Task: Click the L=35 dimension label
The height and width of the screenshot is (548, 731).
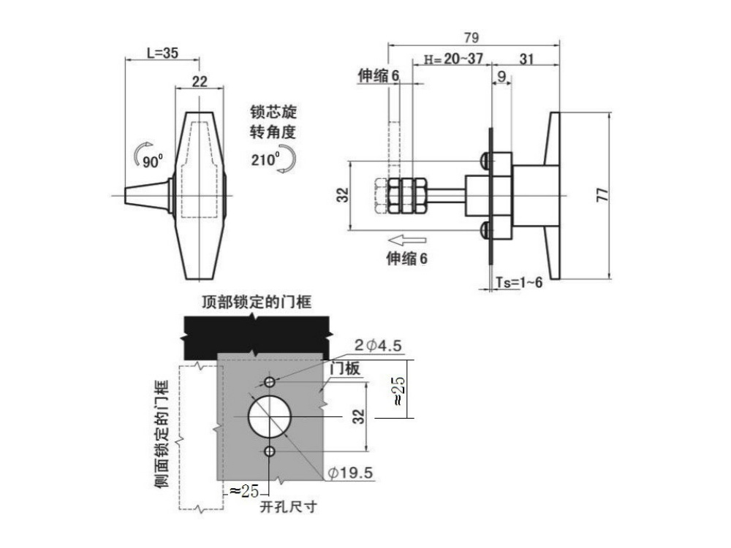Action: point(163,53)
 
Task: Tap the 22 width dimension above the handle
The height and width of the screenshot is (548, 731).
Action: point(200,82)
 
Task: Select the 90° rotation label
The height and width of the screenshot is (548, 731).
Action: point(153,161)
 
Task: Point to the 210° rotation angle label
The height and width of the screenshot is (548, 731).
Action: point(265,159)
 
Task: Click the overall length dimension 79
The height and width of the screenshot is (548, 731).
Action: point(471,37)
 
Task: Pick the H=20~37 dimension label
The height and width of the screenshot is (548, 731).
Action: point(453,58)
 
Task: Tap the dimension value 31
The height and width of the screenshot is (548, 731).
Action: point(526,58)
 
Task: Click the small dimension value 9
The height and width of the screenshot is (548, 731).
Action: point(501,76)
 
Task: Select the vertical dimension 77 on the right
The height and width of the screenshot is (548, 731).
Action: point(602,194)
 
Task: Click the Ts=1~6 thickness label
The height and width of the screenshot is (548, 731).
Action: point(519,282)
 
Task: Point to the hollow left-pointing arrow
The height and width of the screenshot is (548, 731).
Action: point(407,240)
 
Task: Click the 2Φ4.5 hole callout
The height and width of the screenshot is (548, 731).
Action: point(378,346)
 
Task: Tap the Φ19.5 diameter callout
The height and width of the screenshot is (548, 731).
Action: point(351,473)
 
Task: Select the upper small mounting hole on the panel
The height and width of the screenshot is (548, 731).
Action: point(270,382)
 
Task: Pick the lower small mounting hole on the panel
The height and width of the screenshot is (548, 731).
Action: point(270,451)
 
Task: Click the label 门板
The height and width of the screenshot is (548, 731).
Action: point(345,368)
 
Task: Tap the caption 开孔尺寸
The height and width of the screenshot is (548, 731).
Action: point(289,506)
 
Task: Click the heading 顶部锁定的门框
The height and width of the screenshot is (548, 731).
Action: point(257,302)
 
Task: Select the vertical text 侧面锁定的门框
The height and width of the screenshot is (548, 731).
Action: point(162,434)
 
